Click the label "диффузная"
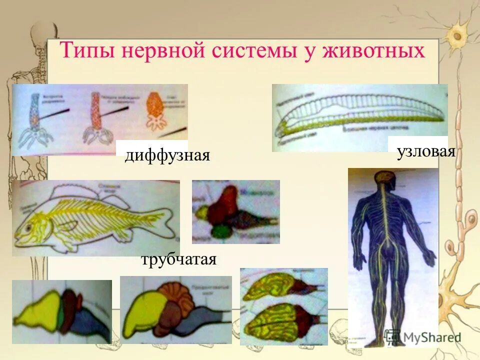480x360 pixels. pyautogui.click(x=166, y=155)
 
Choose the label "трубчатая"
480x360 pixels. pyautogui.click(x=178, y=260)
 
